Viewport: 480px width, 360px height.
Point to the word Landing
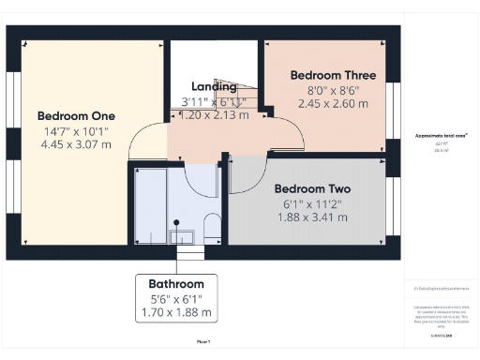tap(213, 87)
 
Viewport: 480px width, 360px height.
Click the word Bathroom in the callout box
tap(176, 283)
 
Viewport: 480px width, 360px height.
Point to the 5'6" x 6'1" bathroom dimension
tap(176, 298)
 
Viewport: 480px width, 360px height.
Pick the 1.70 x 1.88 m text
tap(176, 312)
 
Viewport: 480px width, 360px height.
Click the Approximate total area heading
tap(442, 135)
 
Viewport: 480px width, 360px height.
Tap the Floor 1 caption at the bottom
tap(203, 341)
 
